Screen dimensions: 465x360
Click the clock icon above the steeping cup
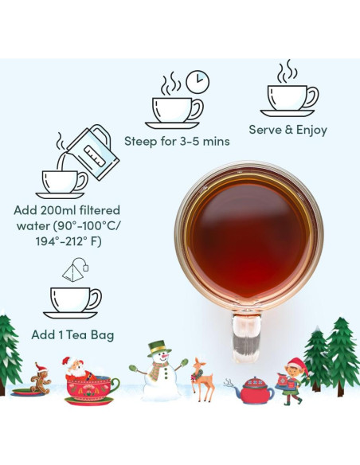pos(198,81)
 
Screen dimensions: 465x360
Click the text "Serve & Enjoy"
pos(288,130)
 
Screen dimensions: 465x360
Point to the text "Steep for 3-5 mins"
pos(177,142)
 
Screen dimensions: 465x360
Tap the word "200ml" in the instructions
pos(69,211)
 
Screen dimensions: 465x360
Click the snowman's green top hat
pos(160,347)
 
